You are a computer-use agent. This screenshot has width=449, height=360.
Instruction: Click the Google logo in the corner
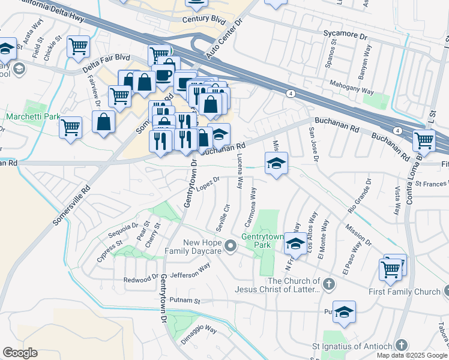point(20,353)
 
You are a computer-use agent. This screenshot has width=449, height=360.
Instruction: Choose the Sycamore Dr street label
point(345,35)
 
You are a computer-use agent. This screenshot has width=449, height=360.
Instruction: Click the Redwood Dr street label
point(140,280)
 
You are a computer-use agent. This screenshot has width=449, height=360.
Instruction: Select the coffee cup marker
point(163,76)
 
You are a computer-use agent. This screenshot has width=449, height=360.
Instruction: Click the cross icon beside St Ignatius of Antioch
point(402,346)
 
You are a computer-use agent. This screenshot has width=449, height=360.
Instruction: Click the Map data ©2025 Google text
point(411,355)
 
